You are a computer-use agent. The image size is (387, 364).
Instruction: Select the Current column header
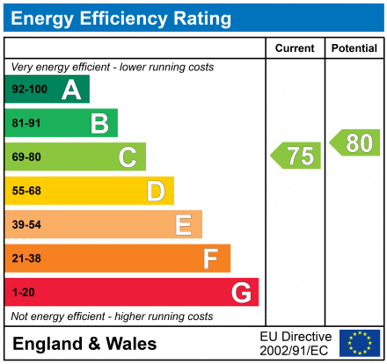pyautogui.click(x=295, y=48)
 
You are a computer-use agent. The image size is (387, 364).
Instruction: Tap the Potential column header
pyautogui.click(x=354, y=48)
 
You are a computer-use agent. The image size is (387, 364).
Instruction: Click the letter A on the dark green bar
pyautogui.click(x=71, y=90)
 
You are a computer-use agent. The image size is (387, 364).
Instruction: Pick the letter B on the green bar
pyautogui.click(x=99, y=123)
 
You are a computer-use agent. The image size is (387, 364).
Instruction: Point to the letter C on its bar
pyautogui.click(x=128, y=157)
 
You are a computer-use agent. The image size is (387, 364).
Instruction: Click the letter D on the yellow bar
pyautogui.click(x=156, y=191)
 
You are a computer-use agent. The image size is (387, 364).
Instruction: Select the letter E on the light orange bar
pyautogui.click(x=183, y=225)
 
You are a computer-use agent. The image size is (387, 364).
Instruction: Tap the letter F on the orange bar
pyautogui.click(x=211, y=258)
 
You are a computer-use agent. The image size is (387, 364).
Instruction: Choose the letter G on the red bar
pyautogui.click(x=240, y=292)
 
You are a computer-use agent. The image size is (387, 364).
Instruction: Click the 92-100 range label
pyautogui.click(x=28, y=90)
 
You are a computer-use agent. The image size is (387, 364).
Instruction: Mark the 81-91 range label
pyautogui.click(x=26, y=123)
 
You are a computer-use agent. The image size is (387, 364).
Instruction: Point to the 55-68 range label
pyautogui.click(x=26, y=191)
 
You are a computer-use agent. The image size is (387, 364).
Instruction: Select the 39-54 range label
pyautogui.click(x=26, y=225)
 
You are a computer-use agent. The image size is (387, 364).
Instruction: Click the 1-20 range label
pyautogui.click(x=23, y=292)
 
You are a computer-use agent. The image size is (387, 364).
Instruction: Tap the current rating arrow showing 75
pyautogui.click(x=296, y=156)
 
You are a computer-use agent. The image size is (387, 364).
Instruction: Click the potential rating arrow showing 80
pyautogui.click(x=355, y=142)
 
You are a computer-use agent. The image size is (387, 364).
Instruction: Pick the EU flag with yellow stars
pyautogui.click(x=360, y=343)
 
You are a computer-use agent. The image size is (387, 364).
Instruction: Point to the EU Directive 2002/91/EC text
pyautogui.click(x=296, y=343)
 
